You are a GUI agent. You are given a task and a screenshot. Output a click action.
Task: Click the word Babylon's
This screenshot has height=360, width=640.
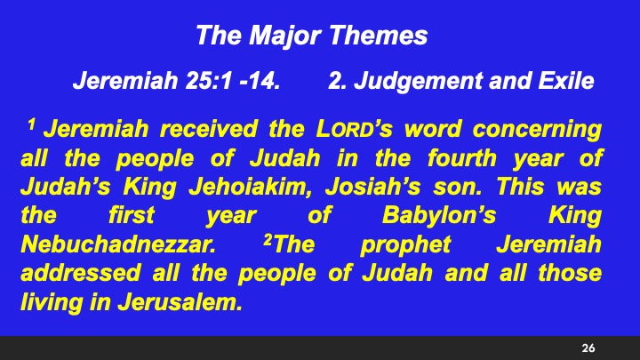coord(428,216)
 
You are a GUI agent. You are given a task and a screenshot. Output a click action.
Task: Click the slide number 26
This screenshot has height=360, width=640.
coord(588,346)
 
